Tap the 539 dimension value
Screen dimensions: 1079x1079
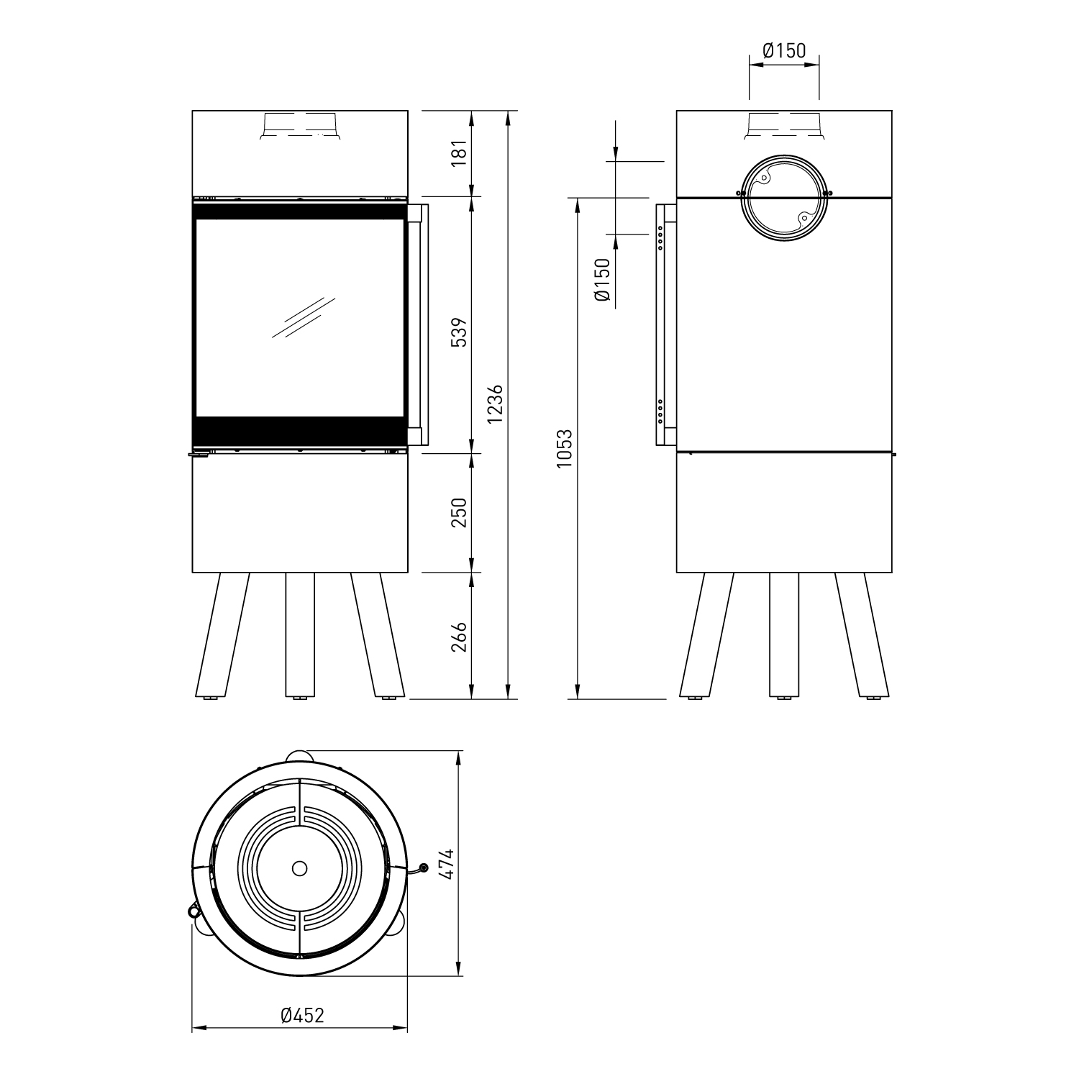460,331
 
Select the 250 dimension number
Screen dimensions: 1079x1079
460,512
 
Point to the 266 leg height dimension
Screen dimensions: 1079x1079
460,637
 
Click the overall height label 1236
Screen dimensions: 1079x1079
496,405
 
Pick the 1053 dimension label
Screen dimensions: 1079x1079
565,449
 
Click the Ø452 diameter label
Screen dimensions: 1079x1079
303,1015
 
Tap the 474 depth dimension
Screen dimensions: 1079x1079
447,863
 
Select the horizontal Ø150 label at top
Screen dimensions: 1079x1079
784,50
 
